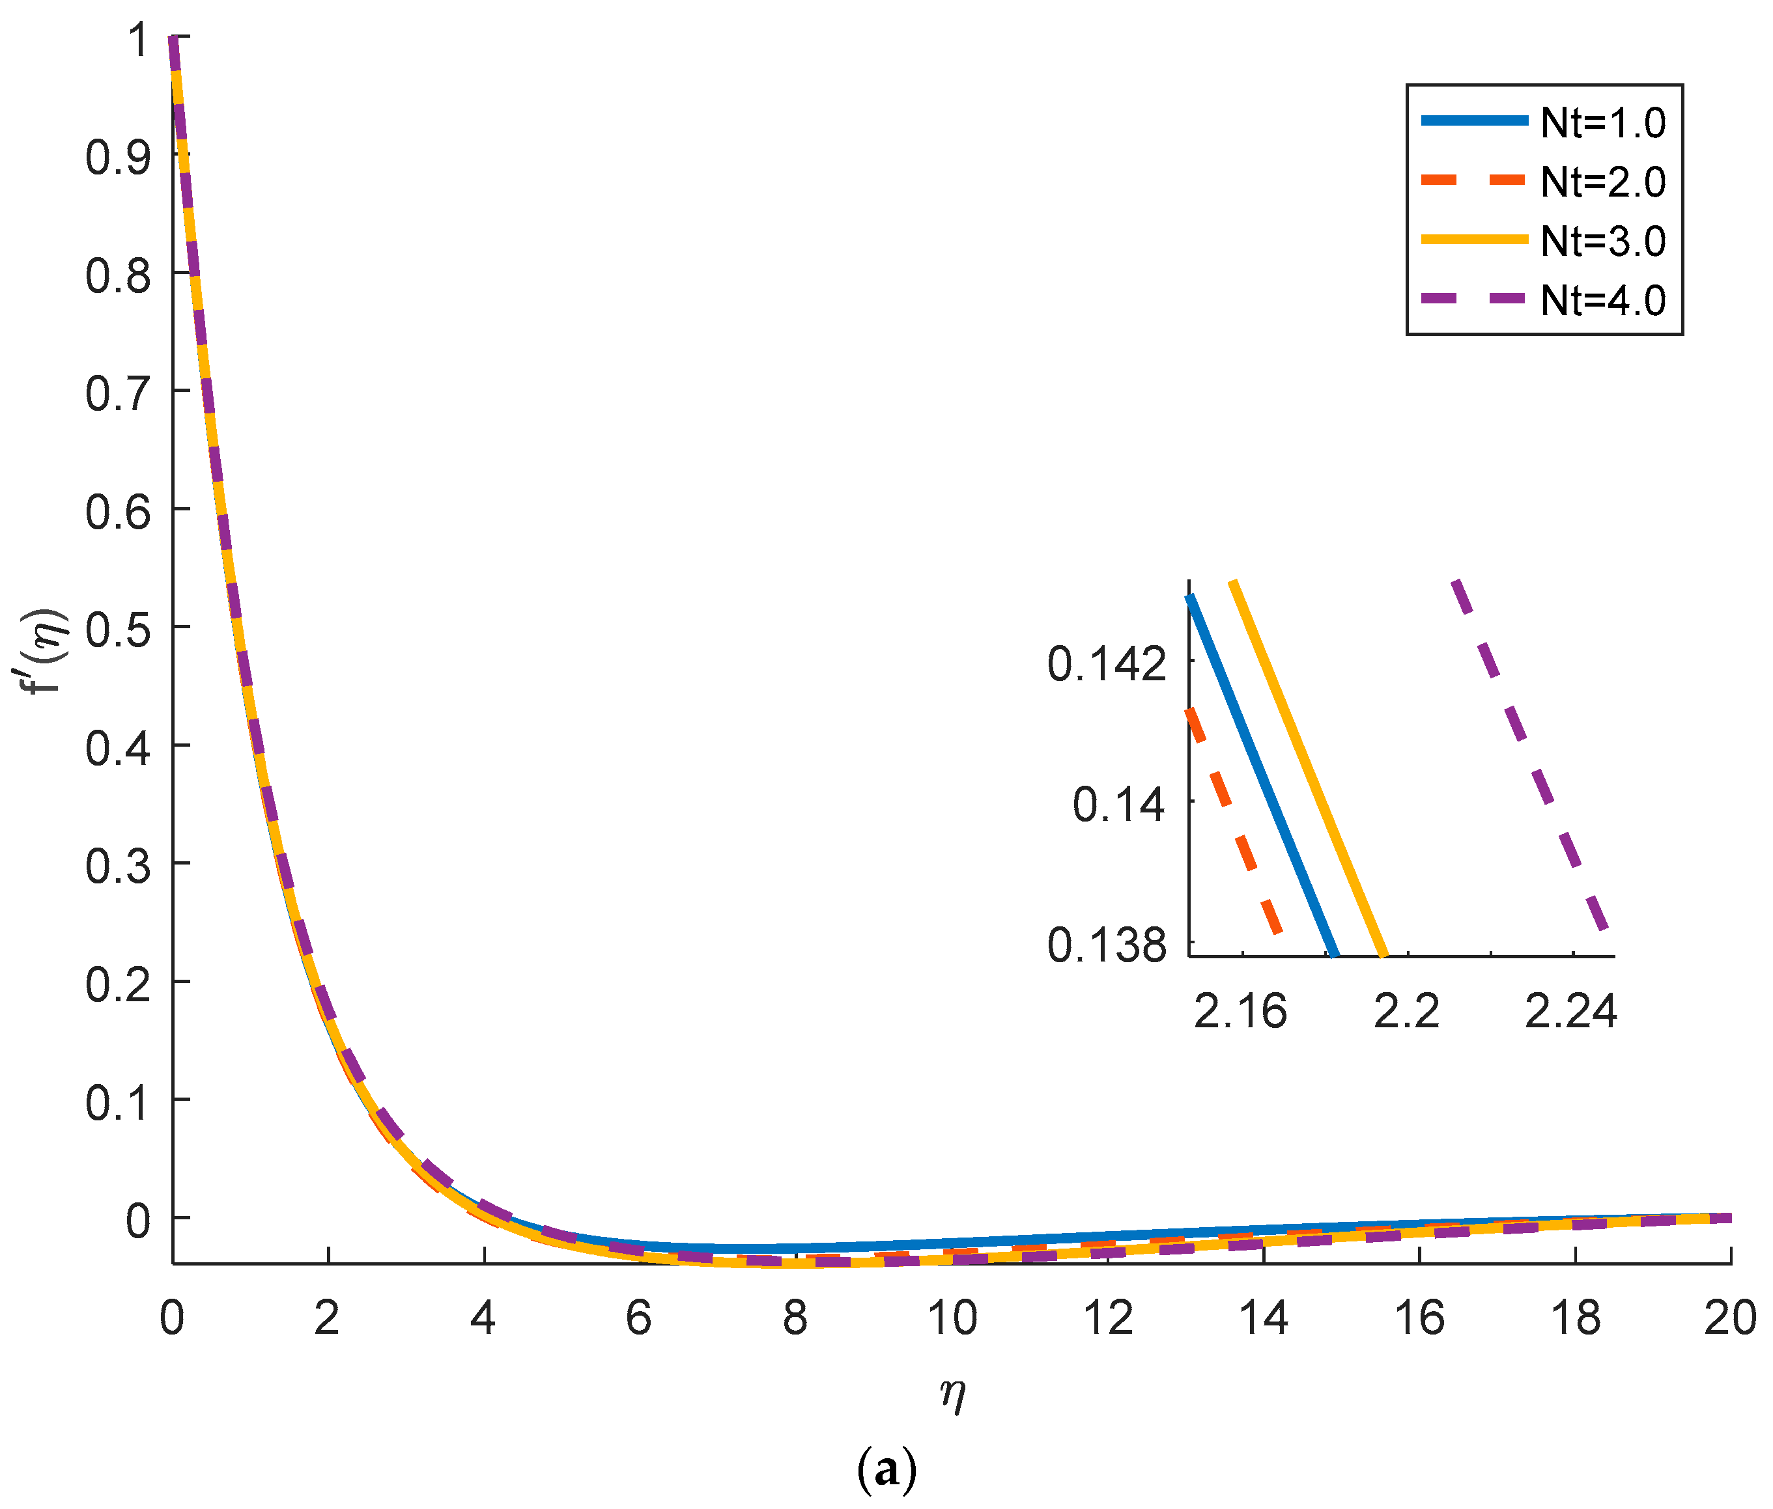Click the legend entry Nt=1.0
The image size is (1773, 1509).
click(x=1602, y=123)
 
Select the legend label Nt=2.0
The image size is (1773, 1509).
click(x=1602, y=182)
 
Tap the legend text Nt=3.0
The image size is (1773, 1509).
click(x=1602, y=242)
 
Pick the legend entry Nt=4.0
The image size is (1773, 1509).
click(x=1602, y=300)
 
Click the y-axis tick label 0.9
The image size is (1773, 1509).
click(x=118, y=158)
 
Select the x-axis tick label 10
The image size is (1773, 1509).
click(x=952, y=1318)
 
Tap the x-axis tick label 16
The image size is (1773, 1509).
click(x=1419, y=1318)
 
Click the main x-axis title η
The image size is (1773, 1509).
click(x=952, y=1395)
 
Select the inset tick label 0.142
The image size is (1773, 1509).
click(x=1107, y=665)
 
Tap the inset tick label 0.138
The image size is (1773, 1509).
click(x=1107, y=946)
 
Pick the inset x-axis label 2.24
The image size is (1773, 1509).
click(x=1570, y=1012)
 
